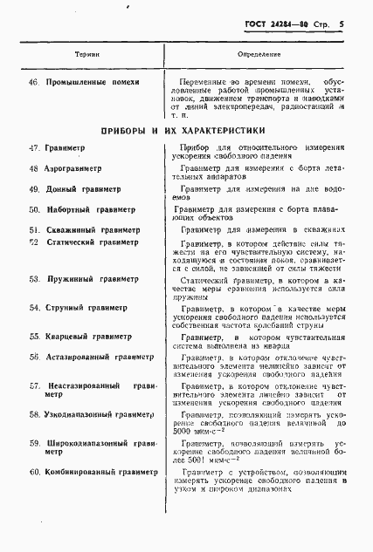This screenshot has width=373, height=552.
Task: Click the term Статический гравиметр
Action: coord(93,242)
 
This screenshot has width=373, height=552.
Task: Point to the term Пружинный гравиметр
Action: coord(89,280)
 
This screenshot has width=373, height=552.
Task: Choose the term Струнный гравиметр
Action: coord(86,308)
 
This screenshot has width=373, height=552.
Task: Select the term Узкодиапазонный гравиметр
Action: coord(102,415)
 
